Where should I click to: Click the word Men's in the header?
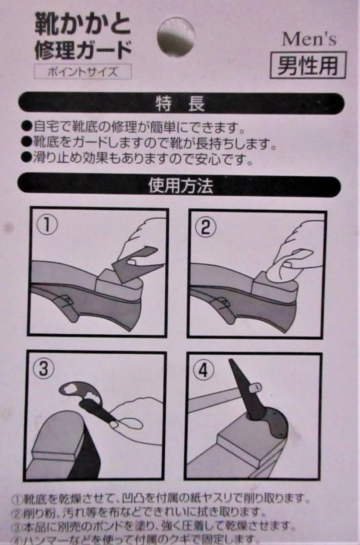point(309,40)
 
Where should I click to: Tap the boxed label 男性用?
point(308,65)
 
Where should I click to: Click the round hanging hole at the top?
point(176,36)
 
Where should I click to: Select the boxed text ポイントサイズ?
point(83,72)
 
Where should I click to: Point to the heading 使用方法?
point(181,186)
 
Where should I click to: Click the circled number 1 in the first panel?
point(47,226)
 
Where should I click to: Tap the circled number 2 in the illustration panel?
point(206,228)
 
